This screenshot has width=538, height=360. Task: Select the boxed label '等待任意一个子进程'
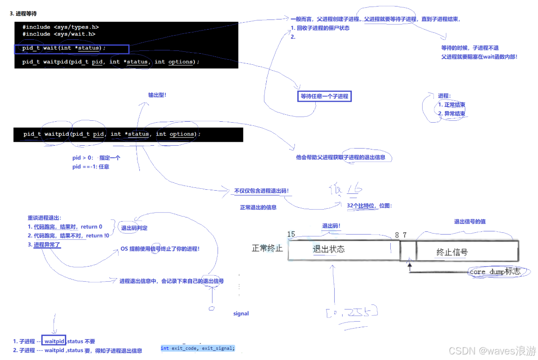(x=324, y=96)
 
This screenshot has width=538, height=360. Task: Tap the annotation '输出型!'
(x=157, y=95)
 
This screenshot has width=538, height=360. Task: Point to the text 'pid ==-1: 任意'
(x=91, y=167)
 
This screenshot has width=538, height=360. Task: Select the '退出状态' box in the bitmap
(x=329, y=249)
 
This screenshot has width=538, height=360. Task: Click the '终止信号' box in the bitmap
(x=452, y=252)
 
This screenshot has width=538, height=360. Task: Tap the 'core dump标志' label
(x=495, y=272)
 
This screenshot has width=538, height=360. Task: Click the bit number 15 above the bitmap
(x=291, y=234)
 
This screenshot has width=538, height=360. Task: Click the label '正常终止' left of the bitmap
(x=267, y=248)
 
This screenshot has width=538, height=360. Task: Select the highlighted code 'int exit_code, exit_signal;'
(x=198, y=348)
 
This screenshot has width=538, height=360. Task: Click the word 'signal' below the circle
(x=241, y=314)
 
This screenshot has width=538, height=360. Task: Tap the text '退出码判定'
(x=134, y=228)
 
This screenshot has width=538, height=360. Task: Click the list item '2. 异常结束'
(x=451, y=113)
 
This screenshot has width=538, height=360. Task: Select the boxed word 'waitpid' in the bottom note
(x=54, y=341)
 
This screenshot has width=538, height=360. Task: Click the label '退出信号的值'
(x=469, y=222)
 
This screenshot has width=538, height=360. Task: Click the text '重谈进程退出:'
(x=44, y=218)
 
